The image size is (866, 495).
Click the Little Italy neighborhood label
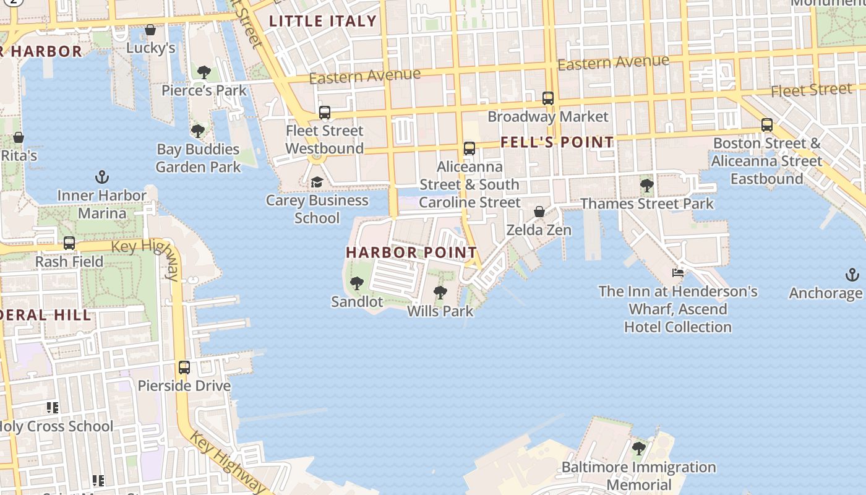point(323,21)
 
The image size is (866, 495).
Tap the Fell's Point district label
point(557,142)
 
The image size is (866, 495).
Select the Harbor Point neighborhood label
point(411,252)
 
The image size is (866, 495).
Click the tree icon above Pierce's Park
point(204,72)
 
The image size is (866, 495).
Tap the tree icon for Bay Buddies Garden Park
point(198,131)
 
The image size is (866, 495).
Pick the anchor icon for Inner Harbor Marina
point(102,178)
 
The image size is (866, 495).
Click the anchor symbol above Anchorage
point(852,275)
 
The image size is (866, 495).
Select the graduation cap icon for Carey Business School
point(317,182)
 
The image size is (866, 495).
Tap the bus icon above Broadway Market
point(547,98)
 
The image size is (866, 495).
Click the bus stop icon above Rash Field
point(69,243)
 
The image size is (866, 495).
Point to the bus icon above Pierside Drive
point(184,368)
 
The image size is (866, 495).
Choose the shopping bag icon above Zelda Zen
point(539,212)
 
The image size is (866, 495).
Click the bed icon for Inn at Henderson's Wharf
point(678,272)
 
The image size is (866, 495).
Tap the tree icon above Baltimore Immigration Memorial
point(639,449)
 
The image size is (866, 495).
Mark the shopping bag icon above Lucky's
point(150,30)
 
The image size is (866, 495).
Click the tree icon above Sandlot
point(356,284)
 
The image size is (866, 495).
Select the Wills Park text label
point(440,311)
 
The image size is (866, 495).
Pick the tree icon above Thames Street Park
point(646,185)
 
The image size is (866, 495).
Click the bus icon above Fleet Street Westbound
point(324,113)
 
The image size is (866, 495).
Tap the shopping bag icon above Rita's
point(19,137)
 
